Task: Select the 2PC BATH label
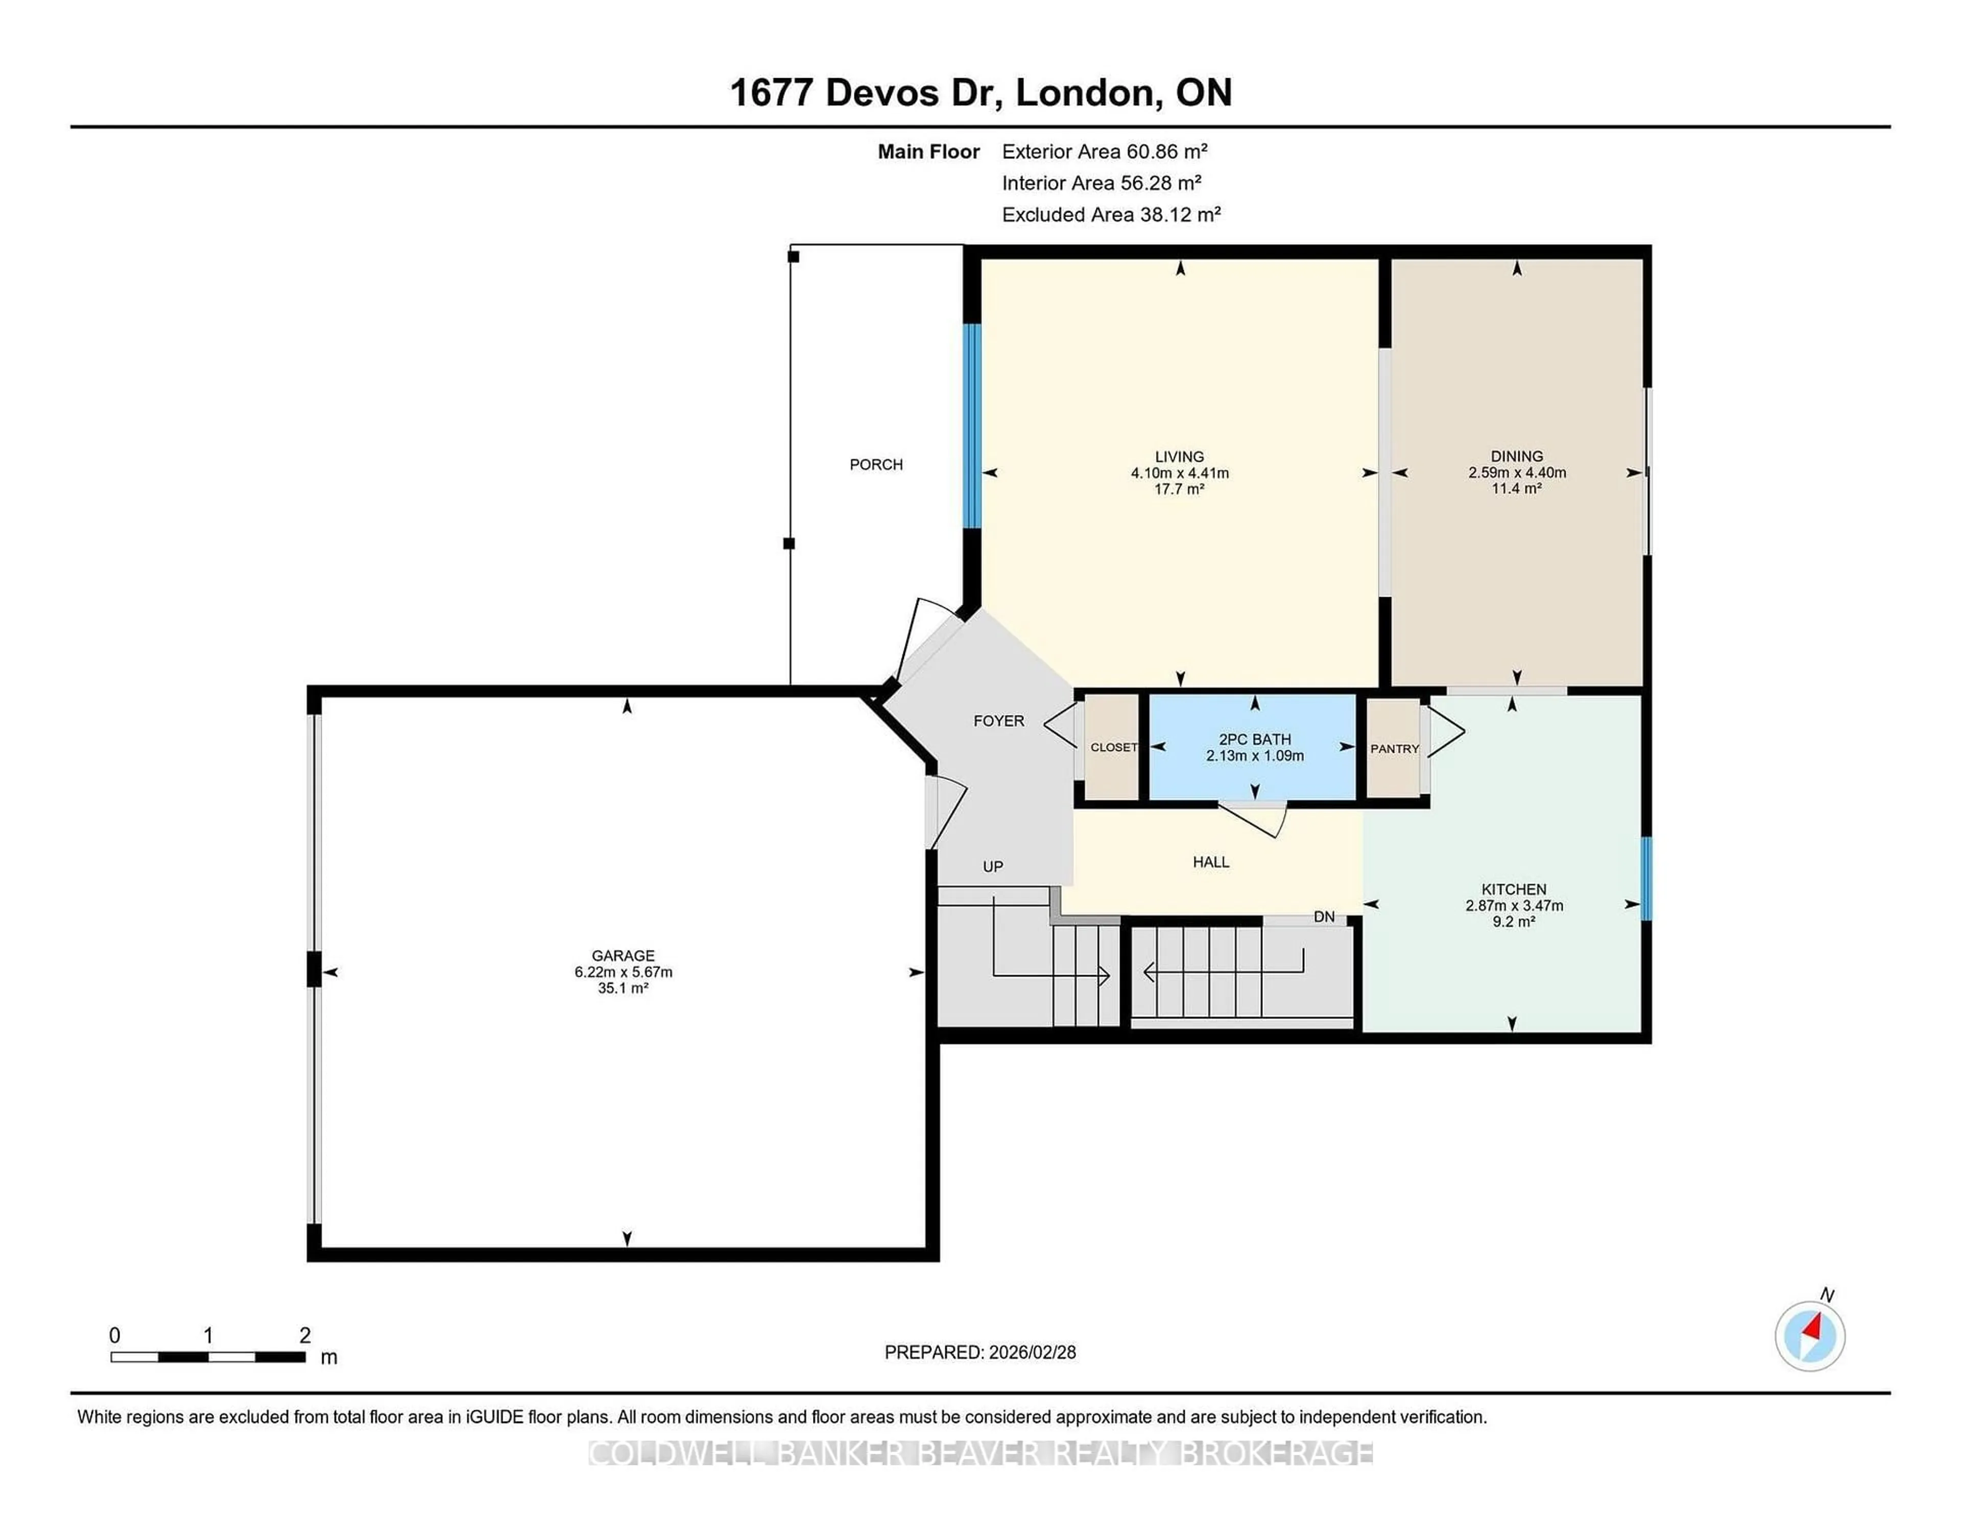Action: (1254, 739)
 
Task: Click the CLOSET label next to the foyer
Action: (1113, 747)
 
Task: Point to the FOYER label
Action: (998, 720)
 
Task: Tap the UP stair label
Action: (992, 867)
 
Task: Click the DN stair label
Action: (1324, 917)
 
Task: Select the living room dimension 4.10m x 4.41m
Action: (1179, 472)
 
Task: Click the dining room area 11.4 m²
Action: (1517, 489)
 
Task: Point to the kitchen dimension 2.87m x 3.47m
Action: (1514, 905)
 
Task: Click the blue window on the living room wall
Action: (971, 425)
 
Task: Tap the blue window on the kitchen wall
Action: (1646, 879)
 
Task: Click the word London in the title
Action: (1084, 92)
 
